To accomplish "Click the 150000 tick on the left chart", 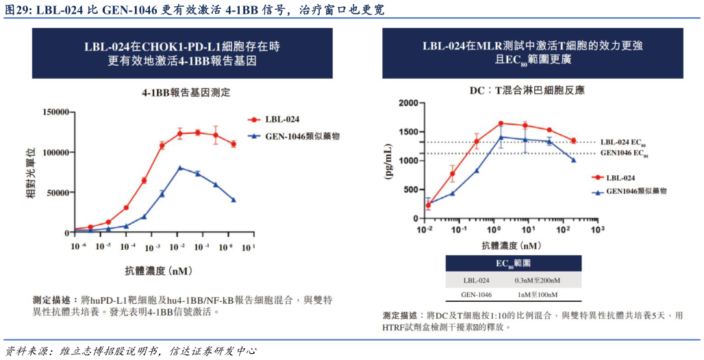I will tap(55, 112).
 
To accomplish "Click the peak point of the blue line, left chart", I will tap(180, 168).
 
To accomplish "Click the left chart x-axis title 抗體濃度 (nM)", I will tap(158, 270).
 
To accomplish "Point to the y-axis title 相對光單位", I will tap(30, 172).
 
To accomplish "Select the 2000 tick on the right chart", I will tap(406, 103).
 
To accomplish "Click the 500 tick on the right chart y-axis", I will tap(409, 190).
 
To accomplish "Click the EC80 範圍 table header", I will tap(513, 263).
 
